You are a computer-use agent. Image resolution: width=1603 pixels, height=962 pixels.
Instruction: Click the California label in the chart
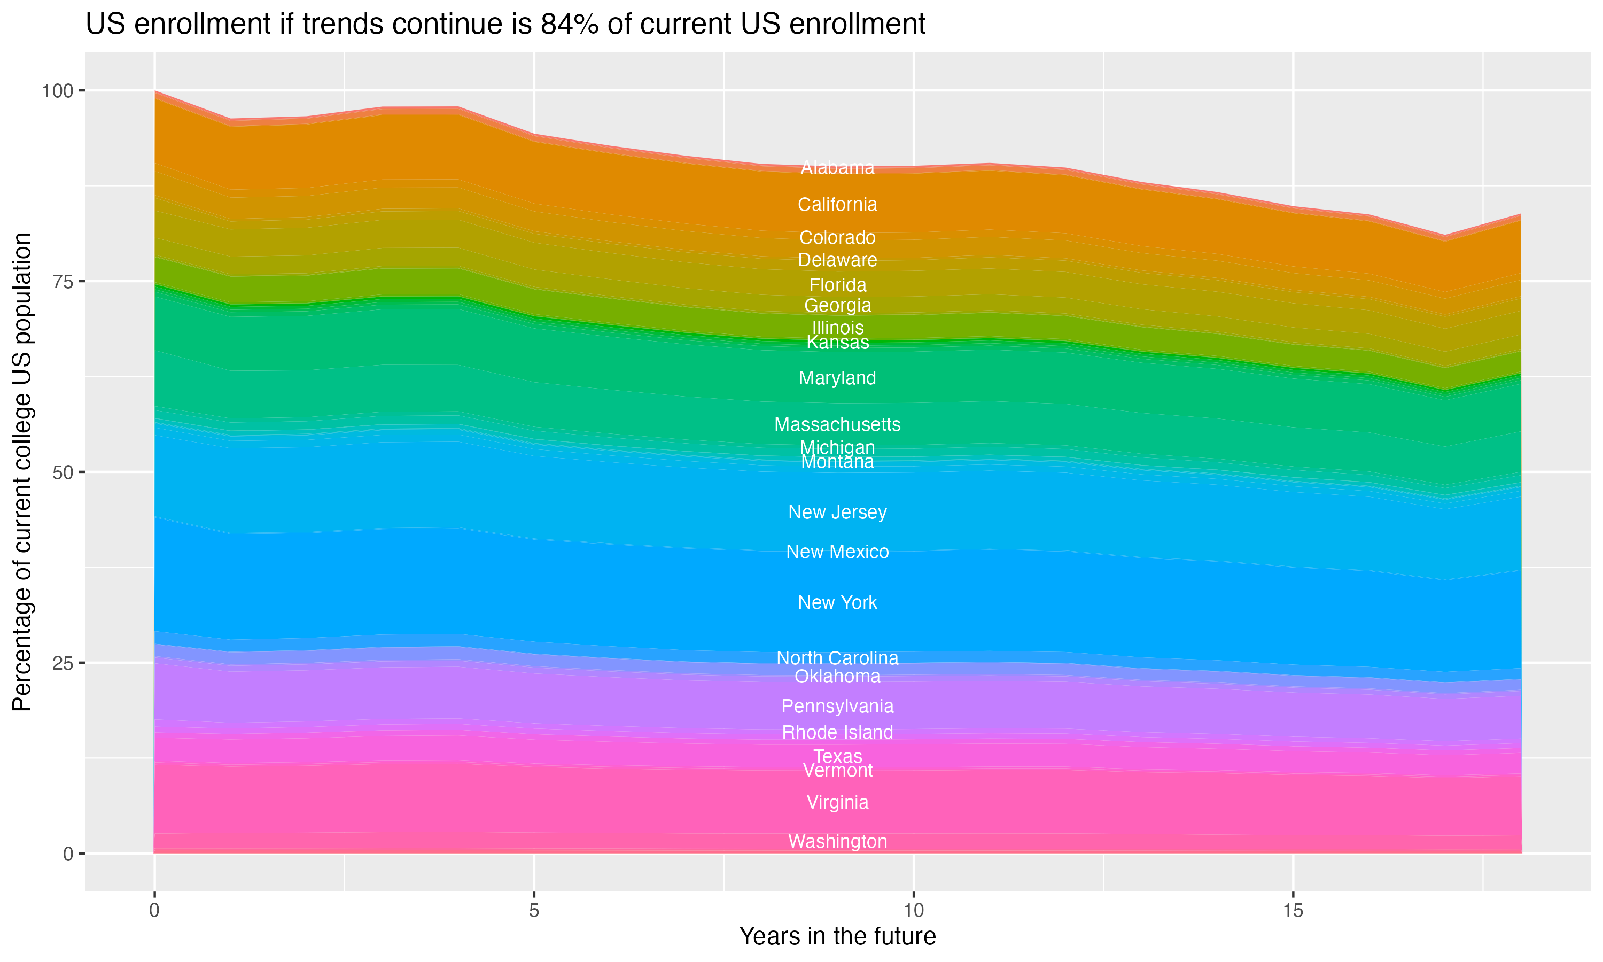[x=837, y=205]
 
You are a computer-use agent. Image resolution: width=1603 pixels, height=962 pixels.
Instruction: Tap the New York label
[x=837, y=603]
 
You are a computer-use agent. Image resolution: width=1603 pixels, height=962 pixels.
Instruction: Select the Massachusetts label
[x=837, y=424]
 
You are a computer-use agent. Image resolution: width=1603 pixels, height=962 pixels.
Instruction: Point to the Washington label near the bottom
[x=837, y=841]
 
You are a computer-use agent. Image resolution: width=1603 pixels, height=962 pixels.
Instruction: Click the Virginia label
[x=837, y=803]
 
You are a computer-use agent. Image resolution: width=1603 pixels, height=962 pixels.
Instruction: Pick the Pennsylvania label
[x=837, y=706]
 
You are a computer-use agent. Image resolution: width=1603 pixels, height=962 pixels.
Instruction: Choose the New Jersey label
[x=837, y=512]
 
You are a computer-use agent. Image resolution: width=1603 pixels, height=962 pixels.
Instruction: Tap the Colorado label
[x=837, y=238]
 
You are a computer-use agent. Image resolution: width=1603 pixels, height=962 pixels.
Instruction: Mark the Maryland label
[x=837, y=378]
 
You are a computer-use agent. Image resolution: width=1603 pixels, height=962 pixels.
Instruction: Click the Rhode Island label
[x=837, y=733]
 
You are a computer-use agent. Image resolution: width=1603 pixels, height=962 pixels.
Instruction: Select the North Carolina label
[x=837, y=658]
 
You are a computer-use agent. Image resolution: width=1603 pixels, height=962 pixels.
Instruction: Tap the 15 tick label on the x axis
[x=1293, y=911]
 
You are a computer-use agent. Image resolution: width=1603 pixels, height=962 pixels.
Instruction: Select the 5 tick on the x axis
[x=534, y=911]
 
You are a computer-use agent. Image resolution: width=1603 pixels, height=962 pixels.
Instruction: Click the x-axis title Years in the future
[x=837, y=936]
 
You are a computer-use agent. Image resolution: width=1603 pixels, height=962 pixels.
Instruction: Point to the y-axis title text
[x=22, y=472]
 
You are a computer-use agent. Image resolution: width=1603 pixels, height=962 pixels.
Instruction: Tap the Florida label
[x=837, y=285]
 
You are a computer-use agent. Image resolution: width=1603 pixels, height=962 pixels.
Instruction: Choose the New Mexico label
[x=837, y=552]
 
